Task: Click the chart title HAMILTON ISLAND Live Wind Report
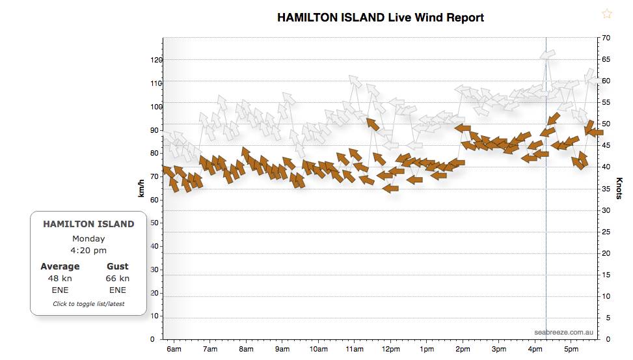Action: (381, 18)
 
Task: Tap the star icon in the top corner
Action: (607, 14)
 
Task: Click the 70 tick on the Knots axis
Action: (606, 38)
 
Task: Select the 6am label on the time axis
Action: (174, 350)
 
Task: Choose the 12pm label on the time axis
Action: (390, 350)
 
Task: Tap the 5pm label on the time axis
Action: (571, 350)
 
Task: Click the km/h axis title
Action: (141, 189)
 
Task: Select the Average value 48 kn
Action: (60, 278)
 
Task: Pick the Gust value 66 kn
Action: (117, 278)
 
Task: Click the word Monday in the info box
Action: (88, 238)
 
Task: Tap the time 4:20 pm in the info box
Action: (88, 250)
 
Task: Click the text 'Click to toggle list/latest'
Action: (88, 304)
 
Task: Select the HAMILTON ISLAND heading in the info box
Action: (88, 224)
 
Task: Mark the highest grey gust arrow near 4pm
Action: (547, 55)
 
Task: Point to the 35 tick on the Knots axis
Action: (606, 189)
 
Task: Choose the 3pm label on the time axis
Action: (498, 350)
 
